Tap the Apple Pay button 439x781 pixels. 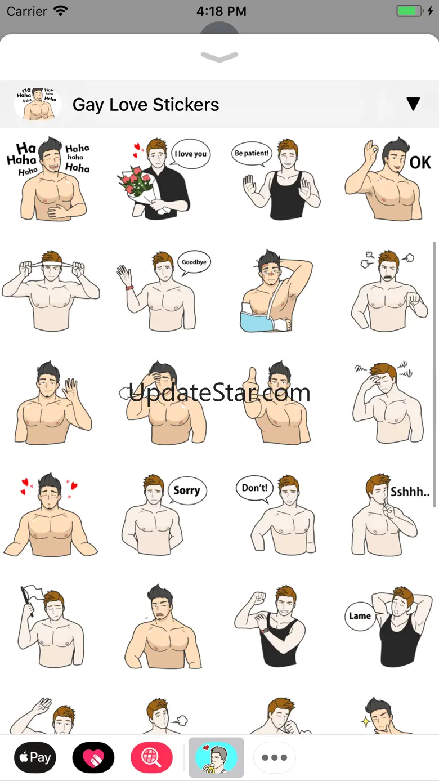[35, 757]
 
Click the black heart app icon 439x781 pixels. [93, 757]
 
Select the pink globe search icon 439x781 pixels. [151, 757]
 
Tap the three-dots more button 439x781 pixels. [274, 757]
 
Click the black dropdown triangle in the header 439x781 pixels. [413, 104]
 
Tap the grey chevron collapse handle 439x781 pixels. [219, 56]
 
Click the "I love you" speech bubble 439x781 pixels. [190, 154]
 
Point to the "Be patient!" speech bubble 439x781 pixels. [252, 153]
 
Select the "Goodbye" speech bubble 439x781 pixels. [194, 262]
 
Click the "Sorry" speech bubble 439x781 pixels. [187, 490]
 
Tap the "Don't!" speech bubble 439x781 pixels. [255, 488]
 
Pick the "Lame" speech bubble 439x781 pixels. [360, 616]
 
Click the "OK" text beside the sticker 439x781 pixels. [420, 163]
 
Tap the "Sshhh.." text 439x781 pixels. [410, 492]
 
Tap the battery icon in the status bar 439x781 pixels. [410, 11]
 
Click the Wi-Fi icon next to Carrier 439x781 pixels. [61, 11]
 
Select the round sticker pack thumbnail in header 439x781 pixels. [38, 104]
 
